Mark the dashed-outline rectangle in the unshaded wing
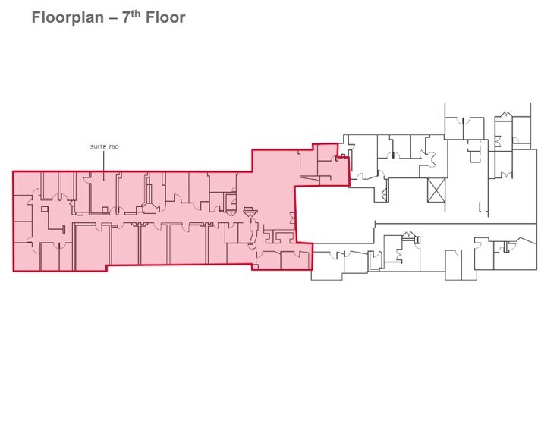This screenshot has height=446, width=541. [475, 154]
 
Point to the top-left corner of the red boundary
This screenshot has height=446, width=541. [14, 171]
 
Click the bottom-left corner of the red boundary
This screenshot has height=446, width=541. [14, 271]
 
